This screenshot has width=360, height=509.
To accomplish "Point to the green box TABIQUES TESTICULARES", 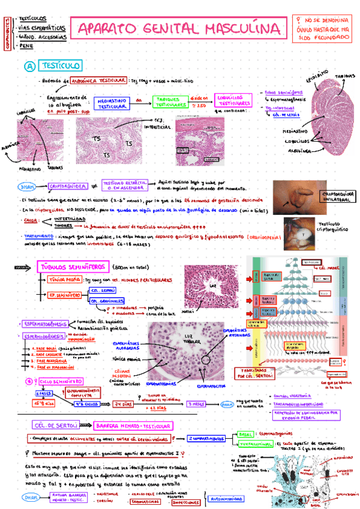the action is [x=168, y=101].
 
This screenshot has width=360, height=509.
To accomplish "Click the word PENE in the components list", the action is [x=26, y=45].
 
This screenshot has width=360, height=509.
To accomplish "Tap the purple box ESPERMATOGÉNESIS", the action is [x=45, y=324].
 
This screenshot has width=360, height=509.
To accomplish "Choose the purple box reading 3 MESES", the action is [x=197, y=403].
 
